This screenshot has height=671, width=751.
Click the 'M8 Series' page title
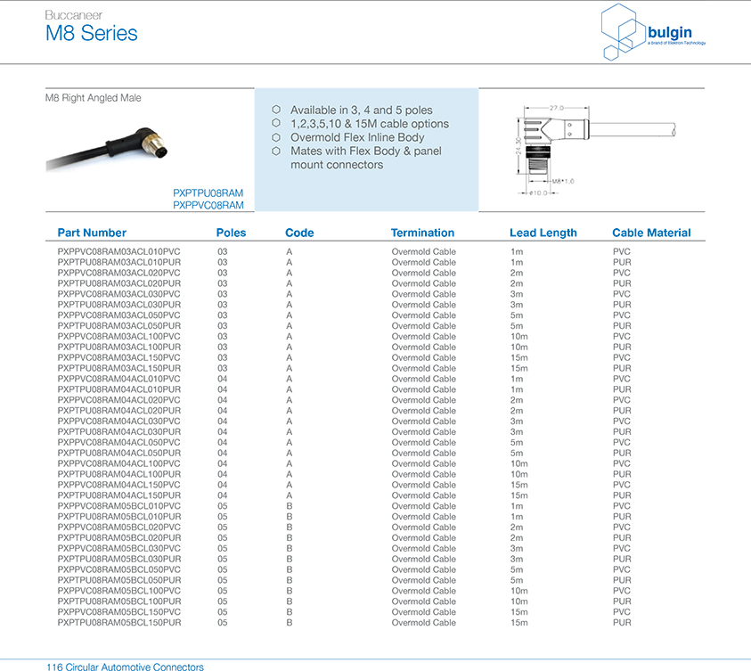(92, 34)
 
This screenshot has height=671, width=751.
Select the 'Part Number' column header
(92, 233)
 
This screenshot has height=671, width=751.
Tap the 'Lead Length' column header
(543, 233)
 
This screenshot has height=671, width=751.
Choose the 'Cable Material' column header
(651, 233)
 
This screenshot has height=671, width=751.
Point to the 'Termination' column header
(428, 233)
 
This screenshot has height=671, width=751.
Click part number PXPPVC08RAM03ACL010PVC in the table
(118, 251)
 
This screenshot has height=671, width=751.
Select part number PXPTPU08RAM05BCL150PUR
(118, 623)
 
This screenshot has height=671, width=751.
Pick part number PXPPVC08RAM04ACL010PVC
(118, 379)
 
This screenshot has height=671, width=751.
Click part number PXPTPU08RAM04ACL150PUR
(118, 495)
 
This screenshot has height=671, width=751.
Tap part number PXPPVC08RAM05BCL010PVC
(118, 506)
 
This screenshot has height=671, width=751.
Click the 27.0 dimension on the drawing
(558, 106)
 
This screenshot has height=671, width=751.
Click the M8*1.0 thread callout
(563, 181)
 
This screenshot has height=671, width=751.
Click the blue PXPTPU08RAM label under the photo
(208, 192)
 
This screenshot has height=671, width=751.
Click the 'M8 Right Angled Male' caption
(93, 98)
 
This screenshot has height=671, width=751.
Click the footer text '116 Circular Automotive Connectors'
(125, 667)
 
